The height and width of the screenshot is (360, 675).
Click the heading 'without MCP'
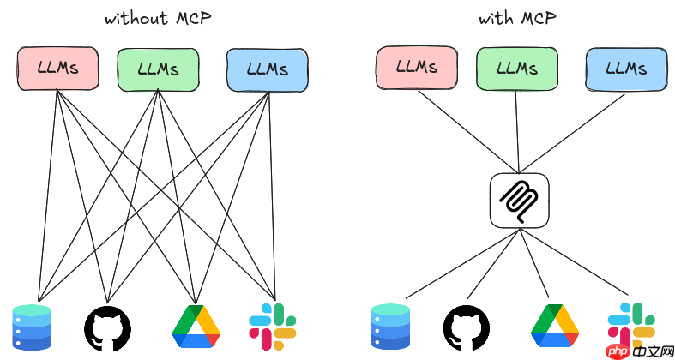coord(159,19)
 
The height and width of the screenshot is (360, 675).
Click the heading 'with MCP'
coord(518,19)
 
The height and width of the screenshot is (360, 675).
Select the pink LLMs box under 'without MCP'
coord(57,69)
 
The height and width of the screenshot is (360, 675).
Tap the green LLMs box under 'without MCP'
coord(158,69)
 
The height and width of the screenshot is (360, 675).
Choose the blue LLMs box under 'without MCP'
coord(267,69)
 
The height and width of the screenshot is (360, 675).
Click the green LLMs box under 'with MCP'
coord(516,68)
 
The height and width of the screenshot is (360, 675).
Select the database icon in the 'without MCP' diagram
coord(33,327)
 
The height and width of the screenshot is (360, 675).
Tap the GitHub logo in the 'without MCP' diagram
coord(108,327)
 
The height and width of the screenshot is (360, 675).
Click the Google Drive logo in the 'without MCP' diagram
coord(196,327)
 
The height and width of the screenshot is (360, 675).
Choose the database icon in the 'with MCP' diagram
coord(391,327)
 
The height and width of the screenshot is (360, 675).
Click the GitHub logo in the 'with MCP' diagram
coord(467,327)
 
